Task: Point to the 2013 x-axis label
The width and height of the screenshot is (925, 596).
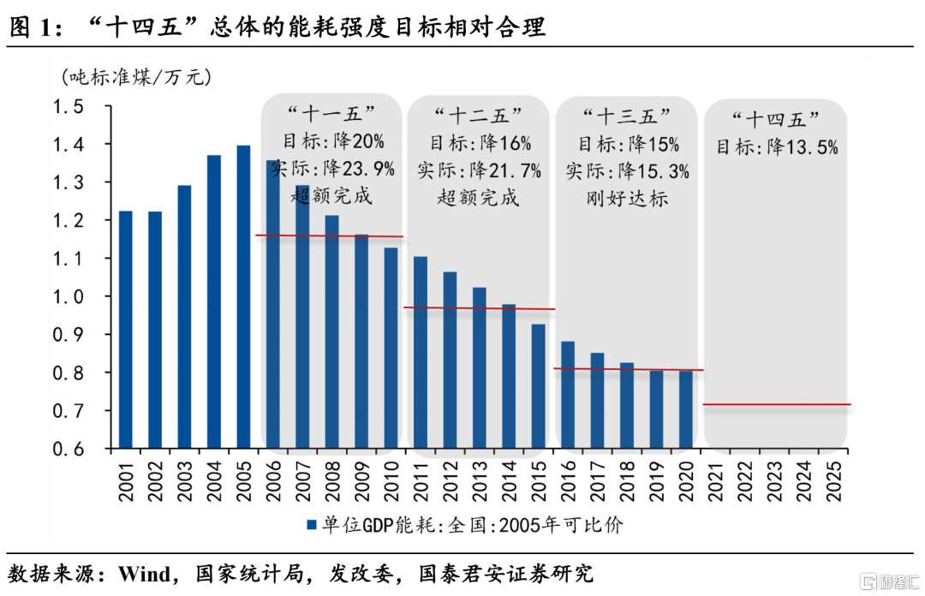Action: (479, 480)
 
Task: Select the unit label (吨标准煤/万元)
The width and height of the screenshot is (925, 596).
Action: (136, 76)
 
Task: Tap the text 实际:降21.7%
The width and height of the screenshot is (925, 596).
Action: (479, 170)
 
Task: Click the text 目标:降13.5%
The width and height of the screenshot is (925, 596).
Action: (776, 147)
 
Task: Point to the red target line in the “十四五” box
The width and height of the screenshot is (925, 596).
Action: (776, 404)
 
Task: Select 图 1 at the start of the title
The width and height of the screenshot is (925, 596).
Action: (31, 28)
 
